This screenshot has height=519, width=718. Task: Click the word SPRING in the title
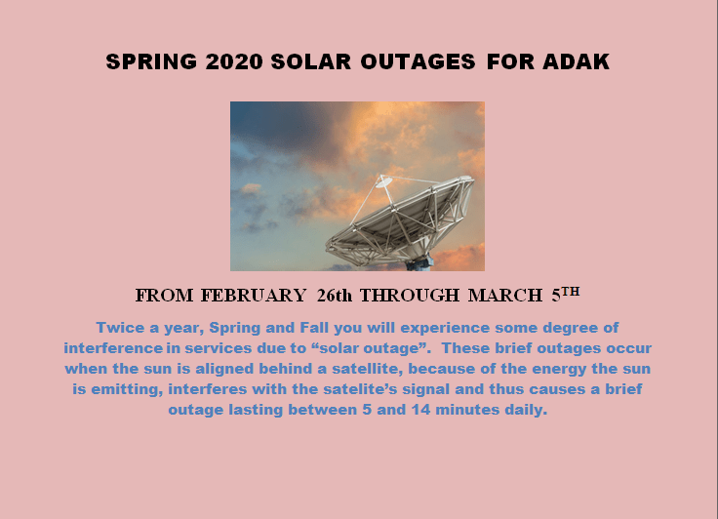click(x=151, y=61)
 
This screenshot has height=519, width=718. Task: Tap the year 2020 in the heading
click(x=234, y=61)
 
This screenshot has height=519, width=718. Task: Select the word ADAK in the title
click(x=576, y=61)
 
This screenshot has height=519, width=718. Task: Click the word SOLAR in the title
click(x=311, y=61)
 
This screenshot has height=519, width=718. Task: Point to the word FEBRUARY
click(x=254, y=296)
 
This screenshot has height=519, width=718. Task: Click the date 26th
click(x=335, y=296)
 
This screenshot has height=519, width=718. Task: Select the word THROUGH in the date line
click(x=410, y=296)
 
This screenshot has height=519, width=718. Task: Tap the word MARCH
click(x=505, y=296)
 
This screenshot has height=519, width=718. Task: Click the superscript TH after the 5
click(x=571, y=292)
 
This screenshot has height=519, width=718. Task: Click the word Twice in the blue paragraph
click(x=120, y=328)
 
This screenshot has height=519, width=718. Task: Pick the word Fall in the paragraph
click(x=313, y=328)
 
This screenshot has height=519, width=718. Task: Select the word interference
click(x=113, y=348)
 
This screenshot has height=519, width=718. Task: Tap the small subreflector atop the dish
click(x=383, y=181)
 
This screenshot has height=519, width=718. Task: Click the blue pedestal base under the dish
click(x=419, y=263)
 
